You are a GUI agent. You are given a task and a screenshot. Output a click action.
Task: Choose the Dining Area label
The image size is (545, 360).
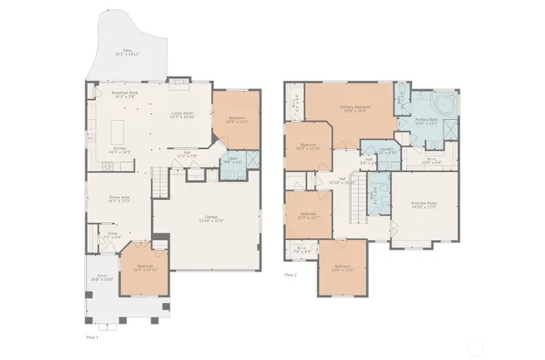[119, 200]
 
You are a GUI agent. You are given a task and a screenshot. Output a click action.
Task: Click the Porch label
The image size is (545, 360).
[101, 277]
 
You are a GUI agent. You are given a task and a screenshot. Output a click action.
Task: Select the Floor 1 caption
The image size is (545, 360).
[93, 337]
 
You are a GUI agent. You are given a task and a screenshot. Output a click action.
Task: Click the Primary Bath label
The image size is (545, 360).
[427, 122]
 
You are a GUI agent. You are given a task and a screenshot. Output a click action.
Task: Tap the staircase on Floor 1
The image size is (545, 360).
[159, 181]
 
